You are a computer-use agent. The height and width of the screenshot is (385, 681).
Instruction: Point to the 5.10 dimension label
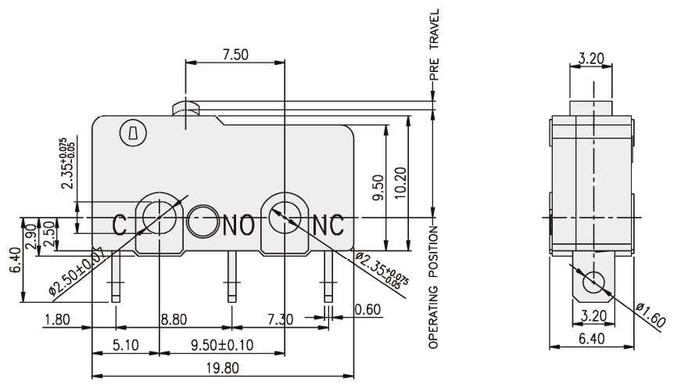click(x=125, y=344)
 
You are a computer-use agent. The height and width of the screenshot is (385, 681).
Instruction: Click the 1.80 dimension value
click(x=56, y=318)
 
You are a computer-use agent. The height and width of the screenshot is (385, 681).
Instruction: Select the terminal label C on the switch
click(x=120, y=225)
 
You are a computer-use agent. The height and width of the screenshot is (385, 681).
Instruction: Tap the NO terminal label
click(x=239, y=225)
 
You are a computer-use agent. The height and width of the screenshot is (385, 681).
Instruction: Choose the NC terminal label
click(x=328, y=225)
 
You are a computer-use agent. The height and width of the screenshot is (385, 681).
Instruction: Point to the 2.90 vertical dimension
click(x=30, y=236)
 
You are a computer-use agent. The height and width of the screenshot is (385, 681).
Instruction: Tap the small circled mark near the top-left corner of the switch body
click(x=128, y=134)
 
